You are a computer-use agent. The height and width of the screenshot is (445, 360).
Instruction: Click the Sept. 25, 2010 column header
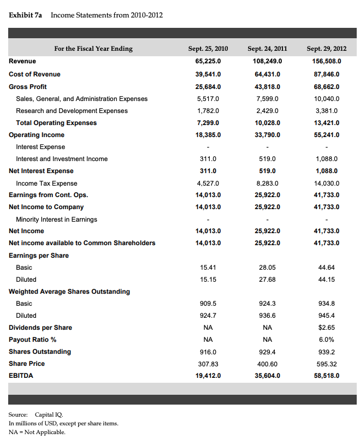point(208,49)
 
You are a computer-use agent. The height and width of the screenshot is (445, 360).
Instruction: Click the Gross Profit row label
point(28,87)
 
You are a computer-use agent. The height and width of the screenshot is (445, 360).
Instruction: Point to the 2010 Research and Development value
point(208,111)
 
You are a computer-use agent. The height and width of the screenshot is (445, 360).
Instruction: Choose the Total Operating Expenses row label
point(56,123)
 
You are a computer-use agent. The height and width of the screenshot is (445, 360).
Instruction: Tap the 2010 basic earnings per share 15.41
point(209,268)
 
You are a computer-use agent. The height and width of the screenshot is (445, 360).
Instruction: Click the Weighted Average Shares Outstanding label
point(69,292)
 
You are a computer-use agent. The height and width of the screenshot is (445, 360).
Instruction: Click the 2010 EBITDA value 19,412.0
point(208,376)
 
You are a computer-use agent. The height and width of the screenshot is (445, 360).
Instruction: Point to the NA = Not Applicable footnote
point(37,432)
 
